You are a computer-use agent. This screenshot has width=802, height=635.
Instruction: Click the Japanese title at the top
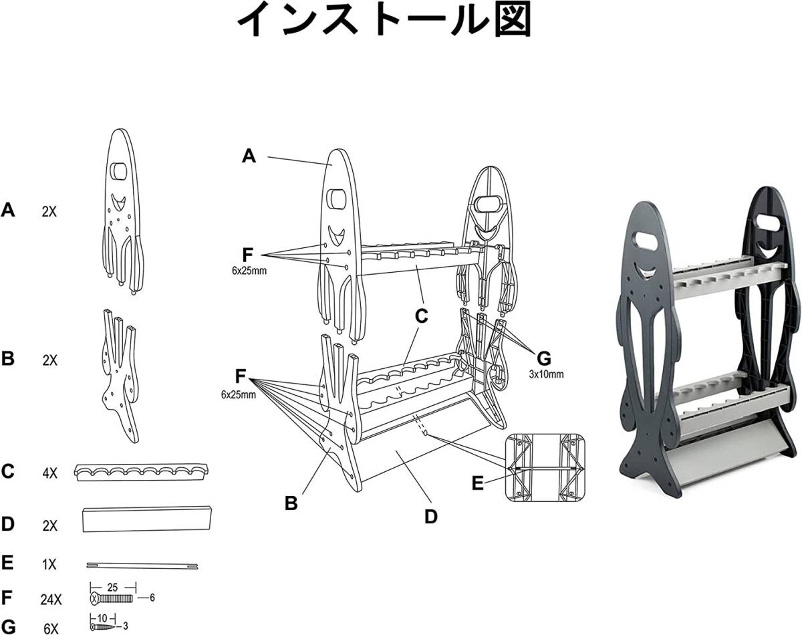coord(384,19)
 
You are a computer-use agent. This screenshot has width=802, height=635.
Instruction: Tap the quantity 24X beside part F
coord(51,600)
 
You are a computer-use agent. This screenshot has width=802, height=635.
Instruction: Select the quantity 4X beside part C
coord(49,473)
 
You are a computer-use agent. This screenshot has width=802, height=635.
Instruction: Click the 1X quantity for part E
coord(49,565)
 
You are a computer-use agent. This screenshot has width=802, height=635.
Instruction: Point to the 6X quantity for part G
coord(51,629)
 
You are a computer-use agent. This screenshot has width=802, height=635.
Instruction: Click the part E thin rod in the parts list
coord(142,566)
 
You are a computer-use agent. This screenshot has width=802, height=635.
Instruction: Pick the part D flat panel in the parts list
coord(146,519)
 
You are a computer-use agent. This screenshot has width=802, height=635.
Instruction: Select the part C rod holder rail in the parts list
coord(142,472)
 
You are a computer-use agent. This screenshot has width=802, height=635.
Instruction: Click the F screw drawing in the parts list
coord(112,599)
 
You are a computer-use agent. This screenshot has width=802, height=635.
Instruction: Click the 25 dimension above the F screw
coord(112,588)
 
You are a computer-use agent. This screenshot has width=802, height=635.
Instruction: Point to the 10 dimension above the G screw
coord(102,618)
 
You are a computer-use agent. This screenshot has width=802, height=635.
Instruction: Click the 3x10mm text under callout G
coord(546,374)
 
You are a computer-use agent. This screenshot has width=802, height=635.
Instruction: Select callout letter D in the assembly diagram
coord(431,517)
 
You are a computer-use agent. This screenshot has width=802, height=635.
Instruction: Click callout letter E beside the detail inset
coord(477,483)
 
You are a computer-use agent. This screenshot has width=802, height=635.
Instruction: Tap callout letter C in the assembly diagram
coord(421,317)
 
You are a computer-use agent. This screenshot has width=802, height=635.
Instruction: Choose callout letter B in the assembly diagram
coord(291,503)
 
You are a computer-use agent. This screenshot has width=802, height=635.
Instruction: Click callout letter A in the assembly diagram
coord(249,156)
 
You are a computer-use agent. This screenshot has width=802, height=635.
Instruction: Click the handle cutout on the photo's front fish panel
coord(648,241)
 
